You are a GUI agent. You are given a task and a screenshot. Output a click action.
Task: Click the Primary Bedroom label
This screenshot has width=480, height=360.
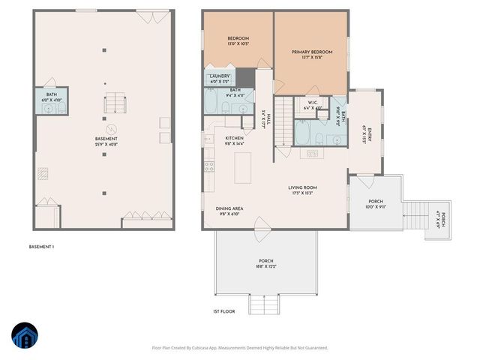[x=310, y=54]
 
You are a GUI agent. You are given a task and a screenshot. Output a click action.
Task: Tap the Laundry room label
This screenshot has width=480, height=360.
[x=220, y=77]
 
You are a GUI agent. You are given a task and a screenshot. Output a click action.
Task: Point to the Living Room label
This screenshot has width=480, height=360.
[x=303, y=190]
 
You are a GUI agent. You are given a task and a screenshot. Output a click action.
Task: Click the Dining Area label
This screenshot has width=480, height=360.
[x=233, y=211]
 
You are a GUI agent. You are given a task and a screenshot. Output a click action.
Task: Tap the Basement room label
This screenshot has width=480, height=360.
[x=106, y=141]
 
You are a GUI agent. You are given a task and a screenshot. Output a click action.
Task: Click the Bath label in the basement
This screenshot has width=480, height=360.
[x=51, y=96]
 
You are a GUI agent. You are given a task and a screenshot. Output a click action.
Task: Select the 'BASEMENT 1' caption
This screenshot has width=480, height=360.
[x=41, y=247]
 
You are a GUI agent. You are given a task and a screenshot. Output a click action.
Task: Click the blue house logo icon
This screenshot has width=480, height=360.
[x=25, y=337]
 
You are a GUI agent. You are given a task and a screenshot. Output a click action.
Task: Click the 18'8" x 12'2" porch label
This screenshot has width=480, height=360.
[x=266, y=263]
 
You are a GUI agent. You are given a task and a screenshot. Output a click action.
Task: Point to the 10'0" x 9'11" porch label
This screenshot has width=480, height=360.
[x=375, y=204]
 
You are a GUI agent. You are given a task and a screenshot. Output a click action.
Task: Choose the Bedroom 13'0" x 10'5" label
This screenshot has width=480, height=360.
[x=238, y=41]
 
